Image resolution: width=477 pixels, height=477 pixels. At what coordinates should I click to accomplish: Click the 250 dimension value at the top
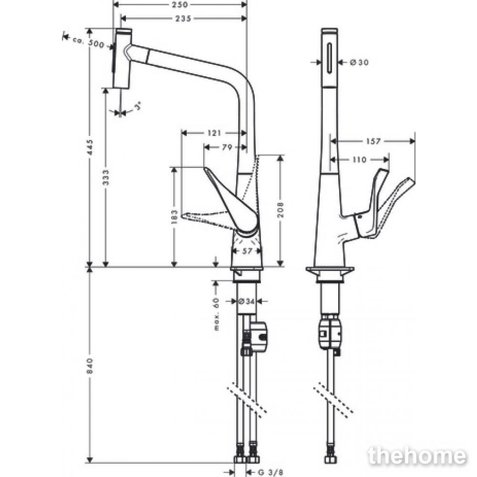pos(180,5)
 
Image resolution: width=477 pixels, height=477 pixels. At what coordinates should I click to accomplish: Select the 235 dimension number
pos(183,19)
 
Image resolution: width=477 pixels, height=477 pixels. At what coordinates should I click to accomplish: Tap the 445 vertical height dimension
pos(90,147)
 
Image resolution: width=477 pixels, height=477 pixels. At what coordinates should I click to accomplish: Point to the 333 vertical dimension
pos(105,177)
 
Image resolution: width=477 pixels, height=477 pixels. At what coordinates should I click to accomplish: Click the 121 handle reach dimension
pos(214,133)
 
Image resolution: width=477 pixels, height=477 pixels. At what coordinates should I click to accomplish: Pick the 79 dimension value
pos(227,147)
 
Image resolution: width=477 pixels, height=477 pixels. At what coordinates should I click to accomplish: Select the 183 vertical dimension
pos(174,216)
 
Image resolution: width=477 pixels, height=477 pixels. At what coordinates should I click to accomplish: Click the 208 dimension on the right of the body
pos(280,209)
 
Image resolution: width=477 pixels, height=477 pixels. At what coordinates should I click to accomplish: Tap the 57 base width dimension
pos(248,251)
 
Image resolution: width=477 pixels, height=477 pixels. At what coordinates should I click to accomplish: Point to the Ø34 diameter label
pos(247,301)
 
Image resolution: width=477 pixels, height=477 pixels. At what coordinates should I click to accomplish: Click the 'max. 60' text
pos(216,314)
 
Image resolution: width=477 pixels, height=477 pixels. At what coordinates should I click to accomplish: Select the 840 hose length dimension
pos(90,366)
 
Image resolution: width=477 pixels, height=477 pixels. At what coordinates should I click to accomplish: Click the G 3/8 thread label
pos(270,472)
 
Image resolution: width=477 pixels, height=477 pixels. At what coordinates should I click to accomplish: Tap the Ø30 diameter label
pos(359,62)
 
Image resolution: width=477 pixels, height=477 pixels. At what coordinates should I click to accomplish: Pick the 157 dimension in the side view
pos(373,141)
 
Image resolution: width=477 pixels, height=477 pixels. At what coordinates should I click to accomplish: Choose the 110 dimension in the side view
pos(359,159)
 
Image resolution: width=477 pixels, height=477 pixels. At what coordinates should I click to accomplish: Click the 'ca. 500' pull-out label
pos(88,42)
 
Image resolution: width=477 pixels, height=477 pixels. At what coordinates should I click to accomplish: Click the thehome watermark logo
pos(417,456)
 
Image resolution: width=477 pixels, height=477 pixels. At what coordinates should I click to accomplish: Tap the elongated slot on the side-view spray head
pos(330,58)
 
